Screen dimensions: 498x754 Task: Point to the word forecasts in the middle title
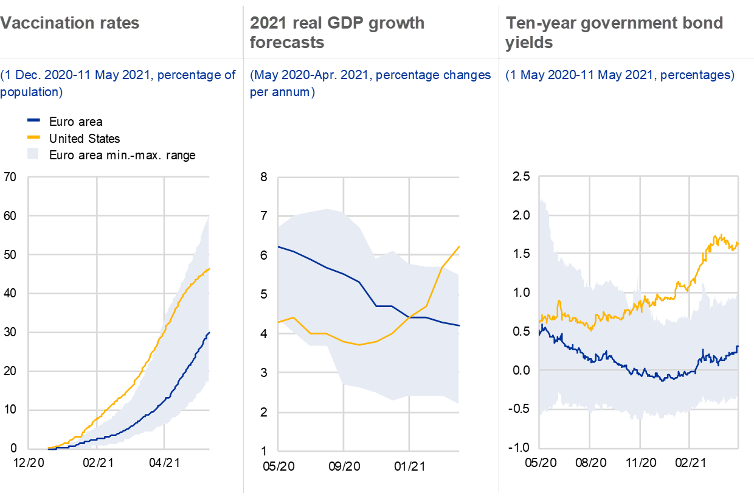point(286,42)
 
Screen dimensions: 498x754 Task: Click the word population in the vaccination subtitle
point(30,92)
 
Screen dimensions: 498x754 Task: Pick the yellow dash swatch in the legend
point(33,137)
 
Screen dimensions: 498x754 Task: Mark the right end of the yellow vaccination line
point(209,268)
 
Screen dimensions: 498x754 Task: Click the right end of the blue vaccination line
point(209,333)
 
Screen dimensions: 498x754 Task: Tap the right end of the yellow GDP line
point(459,246)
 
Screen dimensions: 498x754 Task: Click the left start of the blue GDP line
point(278,246)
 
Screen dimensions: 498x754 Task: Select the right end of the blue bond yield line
point(738,347)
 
